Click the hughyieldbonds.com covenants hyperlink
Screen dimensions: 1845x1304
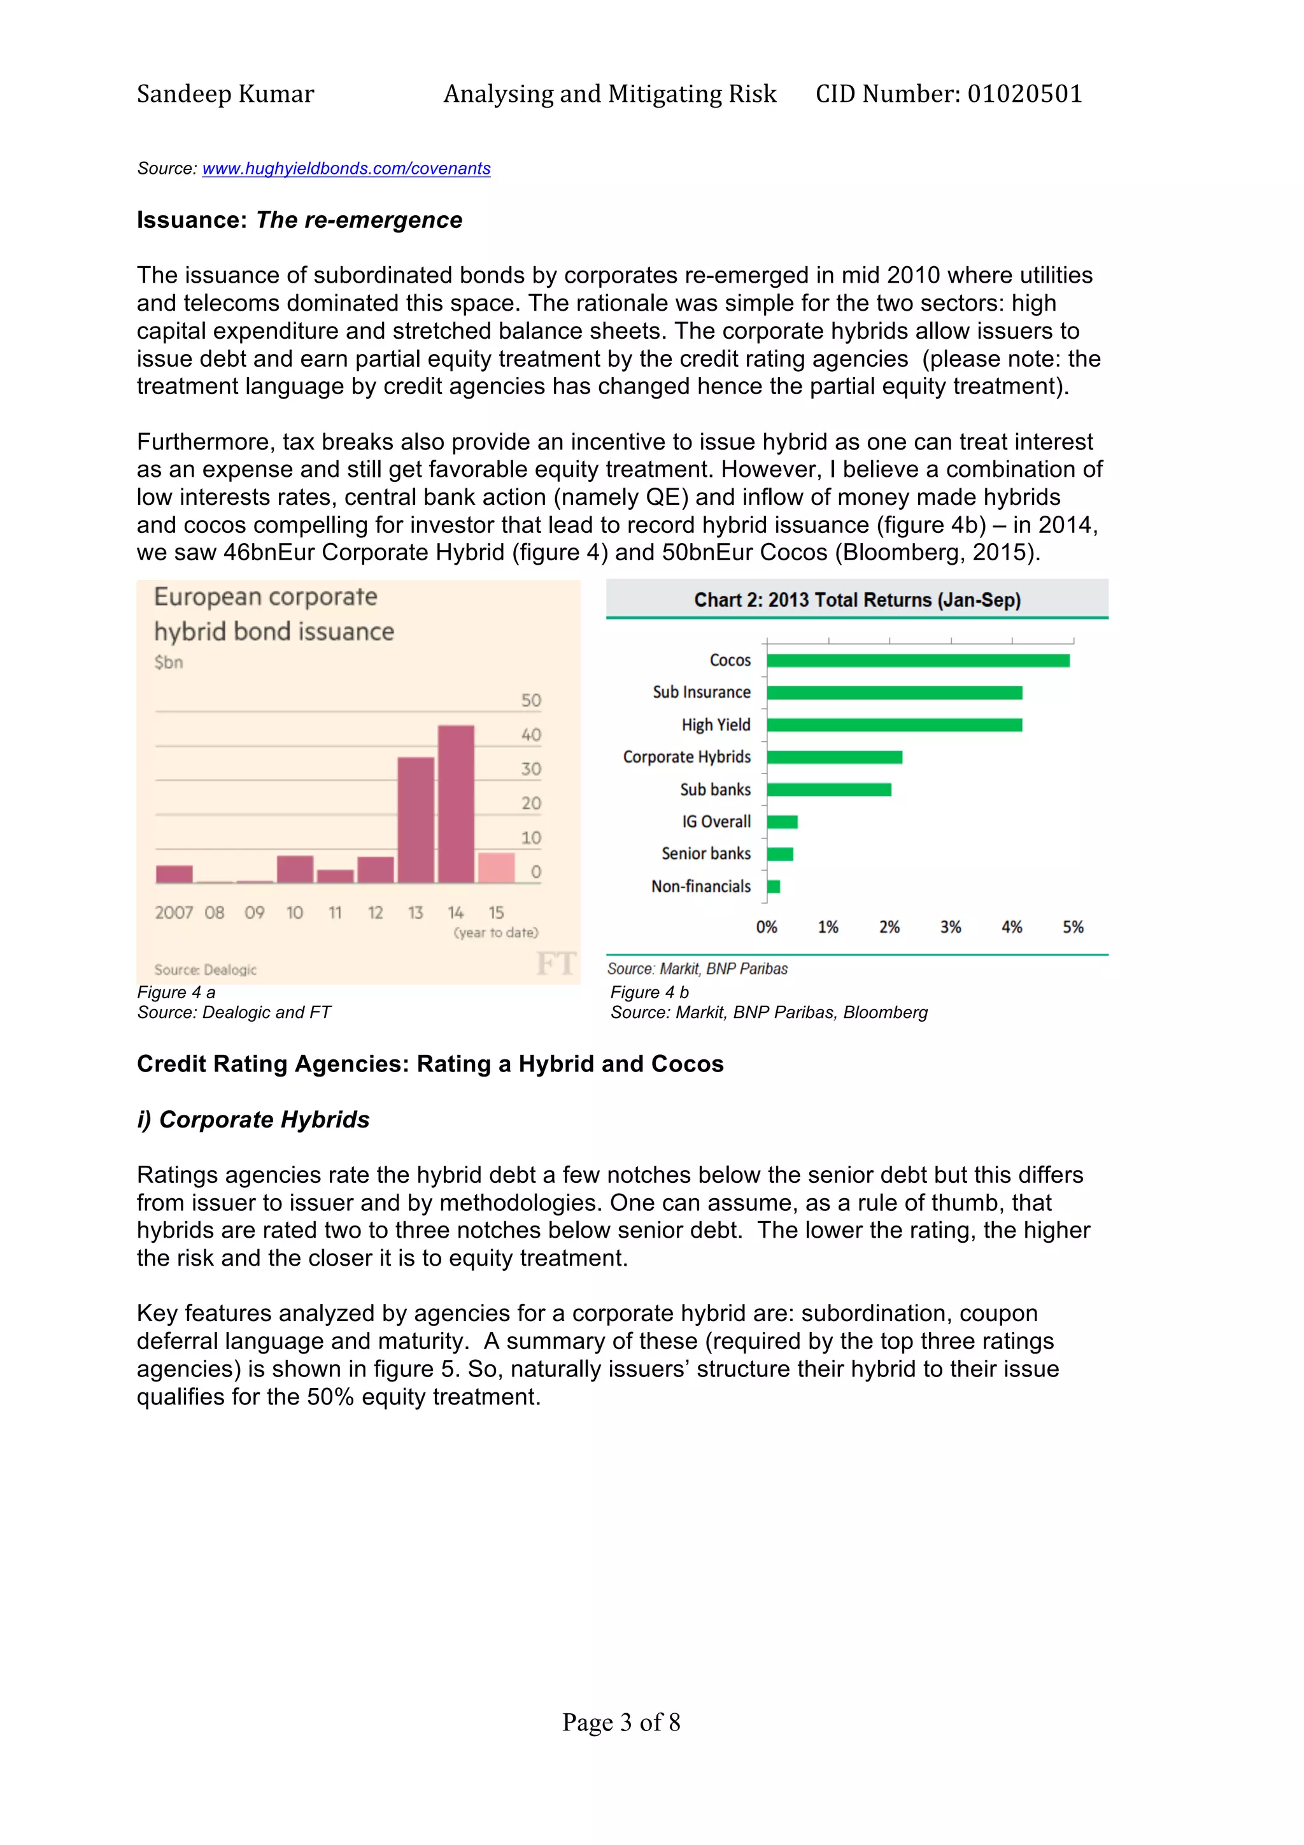coord(346,169)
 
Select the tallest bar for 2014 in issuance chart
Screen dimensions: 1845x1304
coord(455,803)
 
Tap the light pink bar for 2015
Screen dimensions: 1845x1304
coord(496,868)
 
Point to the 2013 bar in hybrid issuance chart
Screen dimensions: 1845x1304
coord(415,819)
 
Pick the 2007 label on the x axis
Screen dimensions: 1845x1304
coord(174,913)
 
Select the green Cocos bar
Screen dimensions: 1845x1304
coord(918,661)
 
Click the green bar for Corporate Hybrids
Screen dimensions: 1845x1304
coord(834,757)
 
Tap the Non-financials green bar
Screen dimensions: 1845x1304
coord(773,886)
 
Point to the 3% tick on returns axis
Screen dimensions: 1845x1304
coord(951,928)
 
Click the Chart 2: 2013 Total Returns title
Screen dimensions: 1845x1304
coord(856,600)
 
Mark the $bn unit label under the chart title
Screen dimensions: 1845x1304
coord(169,662)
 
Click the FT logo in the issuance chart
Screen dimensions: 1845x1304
coord(556,963)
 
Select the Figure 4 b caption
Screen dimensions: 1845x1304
coord(649,993)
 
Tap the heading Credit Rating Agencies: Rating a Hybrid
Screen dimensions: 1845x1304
coord(430,1064)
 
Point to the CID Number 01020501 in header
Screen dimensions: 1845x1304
coord(948,94)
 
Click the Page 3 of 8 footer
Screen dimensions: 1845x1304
coord(620,1722)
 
